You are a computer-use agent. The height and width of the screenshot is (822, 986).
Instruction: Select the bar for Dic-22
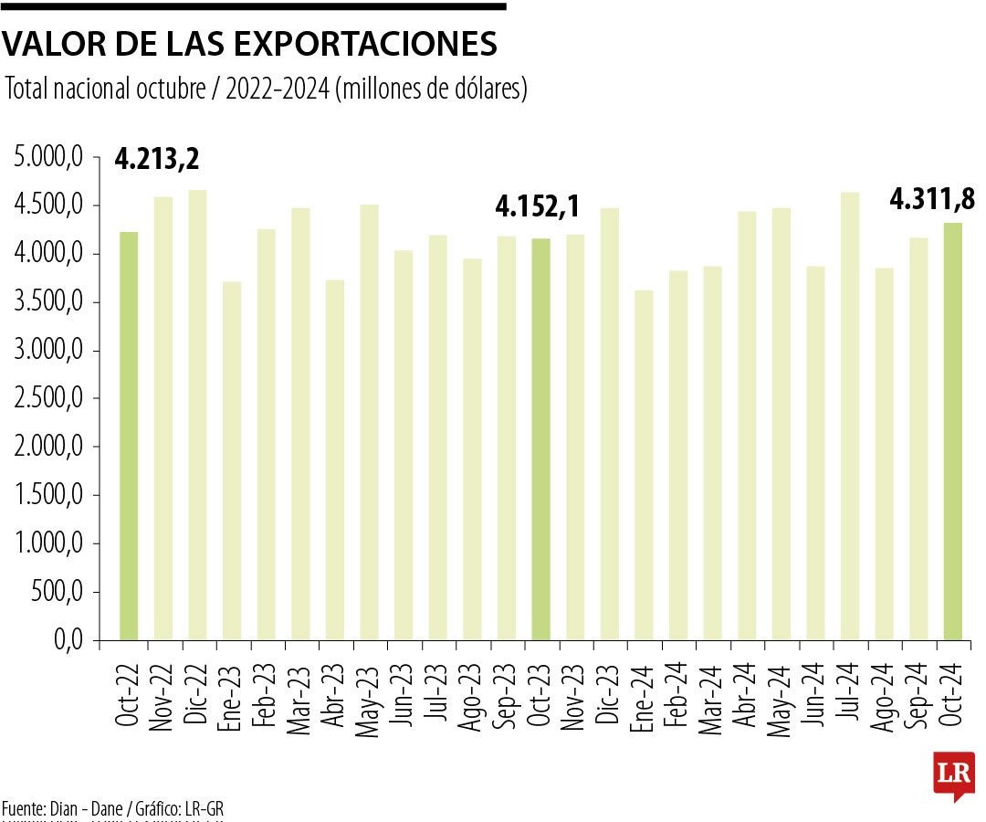click(x=197, y=416)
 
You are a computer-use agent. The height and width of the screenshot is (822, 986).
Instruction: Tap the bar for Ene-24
click(x=645, y=466)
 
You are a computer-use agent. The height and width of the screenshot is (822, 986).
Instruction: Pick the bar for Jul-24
click(x=850, y=416)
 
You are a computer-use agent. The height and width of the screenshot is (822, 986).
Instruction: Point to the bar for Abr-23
click(x=335, y=460)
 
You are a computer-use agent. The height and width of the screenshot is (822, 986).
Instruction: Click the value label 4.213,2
click(x=157, y=160)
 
